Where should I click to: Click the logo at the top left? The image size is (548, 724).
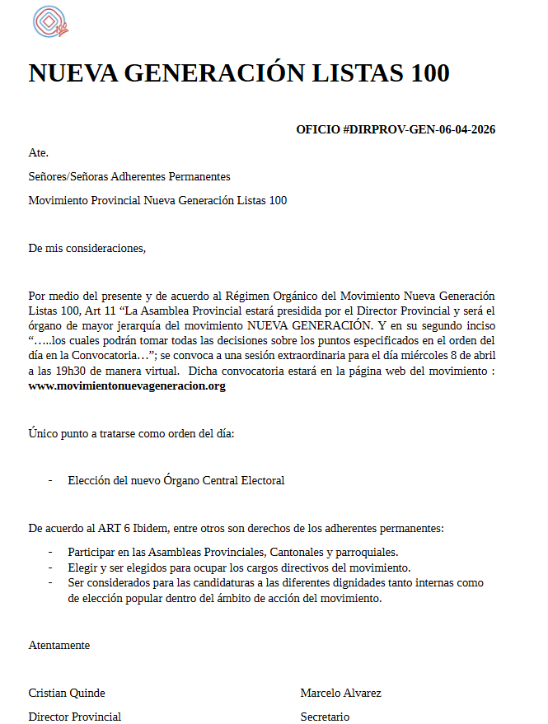pyautogui.click(x=50, y=22)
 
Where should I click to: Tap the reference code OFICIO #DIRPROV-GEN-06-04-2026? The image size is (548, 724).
pyautogui.click(x=396, y=129)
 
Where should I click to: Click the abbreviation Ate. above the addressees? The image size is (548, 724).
pyautogui.click(x=38, y=152)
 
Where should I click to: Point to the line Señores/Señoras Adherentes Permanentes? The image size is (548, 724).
pyautogui.click(x=129, y=176)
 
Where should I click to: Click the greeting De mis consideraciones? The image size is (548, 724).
pyautogui.click(x=87, y=248)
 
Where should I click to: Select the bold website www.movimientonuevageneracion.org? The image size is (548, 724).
pyautogui.click(x=127, y=385)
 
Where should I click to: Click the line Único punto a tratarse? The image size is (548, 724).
pyautogui.click(x=132, y=433)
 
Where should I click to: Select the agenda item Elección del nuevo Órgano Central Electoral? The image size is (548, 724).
pyautogui.click(x=176, y=480)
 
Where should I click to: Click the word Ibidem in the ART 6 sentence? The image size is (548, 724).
pyautogui.click(x=153, y=527)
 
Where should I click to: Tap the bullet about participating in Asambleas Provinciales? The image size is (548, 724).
pyautogui.click(x=233, y=552)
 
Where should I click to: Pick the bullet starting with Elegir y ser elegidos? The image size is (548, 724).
pyautogui.click(x=239, y=568)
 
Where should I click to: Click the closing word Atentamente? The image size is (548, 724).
pyautogui.click(x=59, y=645)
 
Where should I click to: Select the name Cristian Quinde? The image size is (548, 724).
pyautogui.click(x=67, y=693)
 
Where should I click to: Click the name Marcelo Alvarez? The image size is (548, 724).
pyautogui.click(x=340, y=693)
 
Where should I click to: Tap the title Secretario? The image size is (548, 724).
pyautogui.click(x=325, y=717)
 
